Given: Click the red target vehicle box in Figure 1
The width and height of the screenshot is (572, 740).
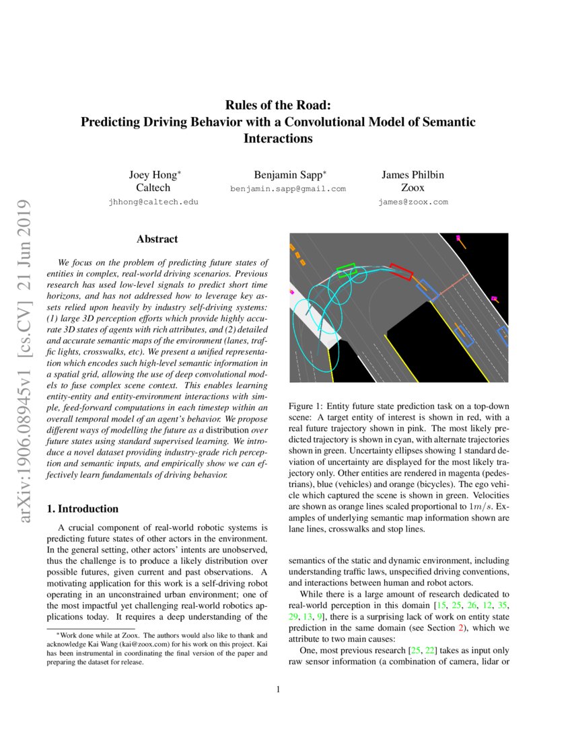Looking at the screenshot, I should click(x=401, y=272).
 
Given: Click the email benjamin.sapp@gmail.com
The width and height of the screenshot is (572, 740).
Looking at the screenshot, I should click(x=287, y=189).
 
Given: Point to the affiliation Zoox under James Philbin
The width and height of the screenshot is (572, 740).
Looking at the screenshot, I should click(x=413, y=188).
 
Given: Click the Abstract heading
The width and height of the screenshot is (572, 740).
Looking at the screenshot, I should click(x=157, y=239).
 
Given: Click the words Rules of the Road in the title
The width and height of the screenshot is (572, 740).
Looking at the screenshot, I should click(x=278, y=105).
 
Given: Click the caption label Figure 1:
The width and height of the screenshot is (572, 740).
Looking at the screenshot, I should click(x=308, y=406).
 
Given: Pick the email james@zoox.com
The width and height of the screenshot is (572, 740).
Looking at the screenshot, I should click(x=413, y=202).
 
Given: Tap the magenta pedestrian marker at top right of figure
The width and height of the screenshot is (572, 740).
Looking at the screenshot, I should click(x=458, y=237).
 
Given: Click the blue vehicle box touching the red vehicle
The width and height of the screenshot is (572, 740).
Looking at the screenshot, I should click(x=427, y=289).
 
